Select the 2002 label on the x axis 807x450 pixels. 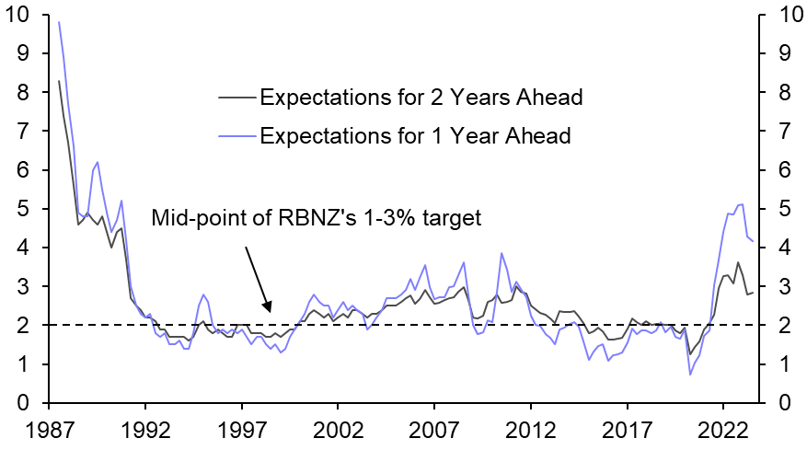338,431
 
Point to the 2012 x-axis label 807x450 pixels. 531,431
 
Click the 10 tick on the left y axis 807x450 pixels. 17,16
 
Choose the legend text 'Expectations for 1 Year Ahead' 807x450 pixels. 415,136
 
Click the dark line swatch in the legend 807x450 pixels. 236,98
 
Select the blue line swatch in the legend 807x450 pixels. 236,136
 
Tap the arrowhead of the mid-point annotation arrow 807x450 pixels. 268,311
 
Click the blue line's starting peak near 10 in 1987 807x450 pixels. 59,22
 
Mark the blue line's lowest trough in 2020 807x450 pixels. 690,374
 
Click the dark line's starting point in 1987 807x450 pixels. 59,81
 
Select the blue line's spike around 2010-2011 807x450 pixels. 501,253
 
